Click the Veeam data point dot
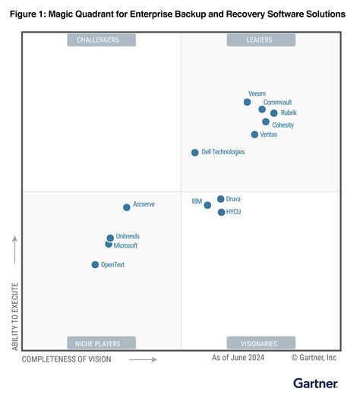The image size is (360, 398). pyautogui.click(x=247, y=102)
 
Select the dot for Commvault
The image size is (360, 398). pyautogui.click(x=262, y=109)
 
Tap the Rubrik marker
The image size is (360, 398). pyautogui.click(x=273, y=113)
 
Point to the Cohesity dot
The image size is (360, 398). pyautogui.click(x=266, y=122)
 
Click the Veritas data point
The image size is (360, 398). pyautogui.click(x=254, y=134)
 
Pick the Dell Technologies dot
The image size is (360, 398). pyautogui.click(x=194, y=153)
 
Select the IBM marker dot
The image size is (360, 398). pyautogui.click(x=207, y=205)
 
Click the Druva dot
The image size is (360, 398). pyautogui.click(x=220, y=199)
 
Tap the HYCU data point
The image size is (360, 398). pyautogui.click(x=221, y=212)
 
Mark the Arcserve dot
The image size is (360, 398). pyautogui.click(x=127, y=207)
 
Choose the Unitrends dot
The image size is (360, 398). pyautogui.click(x=110, y=238)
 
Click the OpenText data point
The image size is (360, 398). pyautogui.click(x=95, y=265)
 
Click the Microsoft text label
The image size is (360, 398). pyautogui.click(x=126, y=245)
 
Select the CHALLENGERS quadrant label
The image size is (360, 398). pyautogui.click(x=101, y=40)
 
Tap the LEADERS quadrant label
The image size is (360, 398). pyautogui.click(x=261, y=40)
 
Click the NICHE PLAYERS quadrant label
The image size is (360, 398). pyautogui.click(x=101, y=343)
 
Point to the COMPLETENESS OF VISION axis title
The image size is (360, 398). pyautogui.click(x=66, y=359)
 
